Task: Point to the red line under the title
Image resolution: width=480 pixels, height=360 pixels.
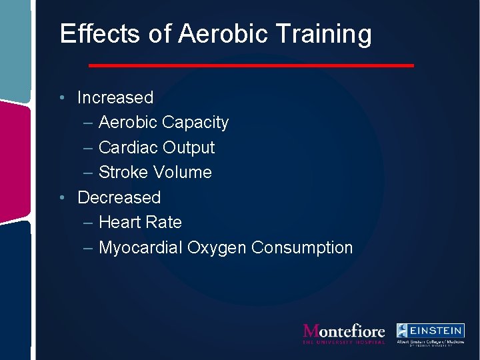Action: point(251,65)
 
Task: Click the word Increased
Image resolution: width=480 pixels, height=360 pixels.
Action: point(115,97)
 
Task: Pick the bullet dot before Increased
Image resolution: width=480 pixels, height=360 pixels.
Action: point(61,98)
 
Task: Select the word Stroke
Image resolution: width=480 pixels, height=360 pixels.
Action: point(124,172)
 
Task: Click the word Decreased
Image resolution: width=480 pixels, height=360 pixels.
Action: point(119,197)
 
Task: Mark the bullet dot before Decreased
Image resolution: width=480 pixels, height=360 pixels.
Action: point(61,198)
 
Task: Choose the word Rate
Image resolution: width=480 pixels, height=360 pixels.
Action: point(165,222)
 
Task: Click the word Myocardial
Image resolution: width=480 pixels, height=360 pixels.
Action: point(141,248)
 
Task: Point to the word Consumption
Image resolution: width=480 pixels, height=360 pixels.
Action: point(302,248)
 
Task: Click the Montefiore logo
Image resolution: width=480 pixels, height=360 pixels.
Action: point(344,333)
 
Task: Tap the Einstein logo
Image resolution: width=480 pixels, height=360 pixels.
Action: point(431,333)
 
